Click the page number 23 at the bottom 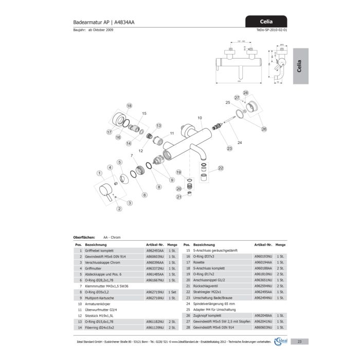(299, 341)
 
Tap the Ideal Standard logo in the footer (281, 341)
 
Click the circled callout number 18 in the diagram (129, 106)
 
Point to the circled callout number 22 (221, 168)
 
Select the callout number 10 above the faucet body (200, 118)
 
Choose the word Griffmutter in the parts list (94, 268)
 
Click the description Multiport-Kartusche (102, 298)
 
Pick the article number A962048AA (263, 315)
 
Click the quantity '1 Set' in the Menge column (172, 292)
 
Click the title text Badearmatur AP (91, 23)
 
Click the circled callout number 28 (246, 93)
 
